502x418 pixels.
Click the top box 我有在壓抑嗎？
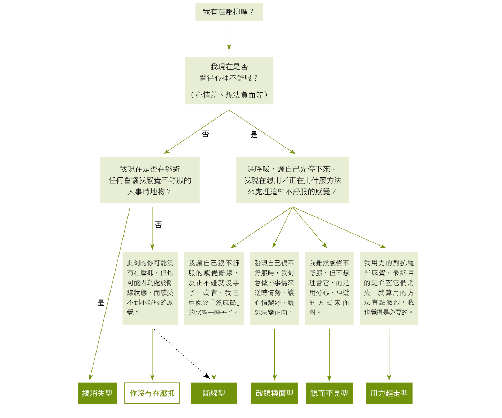(229, 12)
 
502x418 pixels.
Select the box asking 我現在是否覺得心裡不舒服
(229, 81)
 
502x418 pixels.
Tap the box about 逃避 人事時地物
(150, 180)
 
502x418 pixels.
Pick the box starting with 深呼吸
(292, 180)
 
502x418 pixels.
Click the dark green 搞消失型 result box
(97, 393)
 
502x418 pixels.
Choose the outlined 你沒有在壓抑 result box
(152, 393)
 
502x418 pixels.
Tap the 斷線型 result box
(214, 393)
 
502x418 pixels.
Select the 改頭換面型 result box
(274, 393)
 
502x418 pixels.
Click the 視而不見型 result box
(329, 393)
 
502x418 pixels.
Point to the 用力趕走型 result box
(389, 393)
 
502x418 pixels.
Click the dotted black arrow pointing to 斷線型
(180, 353)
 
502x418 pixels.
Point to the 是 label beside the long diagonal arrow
(101, 303)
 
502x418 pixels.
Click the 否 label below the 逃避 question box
(158, 225)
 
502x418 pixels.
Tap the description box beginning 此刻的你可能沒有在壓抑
(150, 288)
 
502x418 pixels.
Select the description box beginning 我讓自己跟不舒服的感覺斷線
(214, 288)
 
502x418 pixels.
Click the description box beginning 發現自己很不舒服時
(274, 288)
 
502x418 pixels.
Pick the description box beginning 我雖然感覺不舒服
(329, 288)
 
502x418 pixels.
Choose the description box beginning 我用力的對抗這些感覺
(389, 288)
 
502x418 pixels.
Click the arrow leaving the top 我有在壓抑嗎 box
(229, 37)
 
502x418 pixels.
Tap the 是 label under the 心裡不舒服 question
(254, 135)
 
